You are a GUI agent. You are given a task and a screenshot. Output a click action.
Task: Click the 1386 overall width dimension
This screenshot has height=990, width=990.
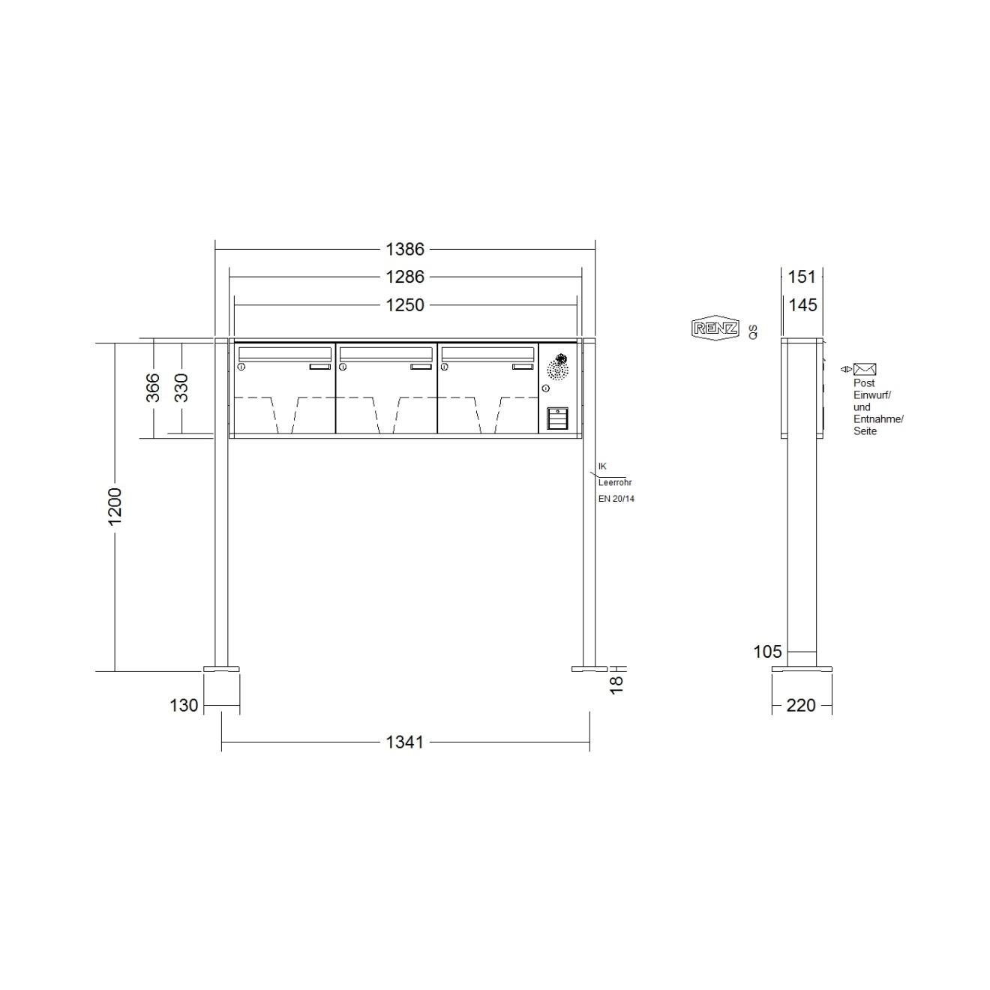point(405,250)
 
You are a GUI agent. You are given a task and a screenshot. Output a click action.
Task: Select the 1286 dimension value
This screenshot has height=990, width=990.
point(405,277)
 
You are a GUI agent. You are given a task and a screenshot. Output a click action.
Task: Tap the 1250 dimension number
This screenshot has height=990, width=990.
point(405,306)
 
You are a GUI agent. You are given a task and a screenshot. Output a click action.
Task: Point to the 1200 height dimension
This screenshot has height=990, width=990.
point(115,506)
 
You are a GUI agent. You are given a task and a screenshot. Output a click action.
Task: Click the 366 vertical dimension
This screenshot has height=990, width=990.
point(152,388)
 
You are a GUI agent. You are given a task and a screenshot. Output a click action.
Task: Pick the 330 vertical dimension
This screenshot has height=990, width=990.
point(181,388)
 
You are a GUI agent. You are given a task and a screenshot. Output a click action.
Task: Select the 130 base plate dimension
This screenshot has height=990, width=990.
point(184,706)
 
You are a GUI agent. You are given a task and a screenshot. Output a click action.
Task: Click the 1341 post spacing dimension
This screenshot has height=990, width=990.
point(405,742)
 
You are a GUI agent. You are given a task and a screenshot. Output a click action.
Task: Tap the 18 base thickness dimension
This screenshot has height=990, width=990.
point(616,685)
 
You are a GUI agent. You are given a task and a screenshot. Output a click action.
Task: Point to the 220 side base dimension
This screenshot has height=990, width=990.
point(801,706)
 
